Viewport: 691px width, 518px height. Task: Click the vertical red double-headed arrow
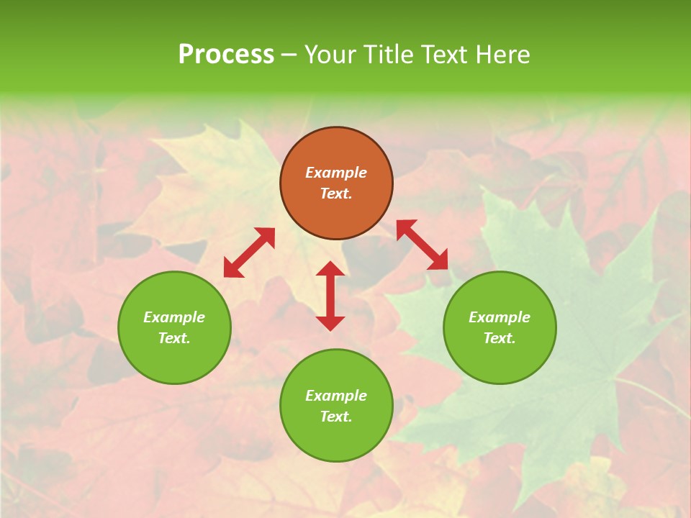tap(330, 296)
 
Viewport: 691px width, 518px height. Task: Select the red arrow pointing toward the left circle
tap(249, 253)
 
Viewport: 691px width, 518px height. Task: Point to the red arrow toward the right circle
tap(422, 245)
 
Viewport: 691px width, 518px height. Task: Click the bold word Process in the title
tap(226, 55)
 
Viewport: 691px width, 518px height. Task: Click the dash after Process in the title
tap(289, 55)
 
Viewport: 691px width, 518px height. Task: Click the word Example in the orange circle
tap(336, 173)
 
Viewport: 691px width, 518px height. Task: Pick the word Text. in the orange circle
tap(336, 194)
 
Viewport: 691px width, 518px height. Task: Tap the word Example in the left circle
tap(174, 317)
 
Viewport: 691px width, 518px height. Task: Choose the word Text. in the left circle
tap(174, 338)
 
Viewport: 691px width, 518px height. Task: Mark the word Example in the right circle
tap(500, 317)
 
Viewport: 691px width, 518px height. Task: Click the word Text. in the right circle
tap(500, 338)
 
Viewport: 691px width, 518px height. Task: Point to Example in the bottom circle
tap(336, 396)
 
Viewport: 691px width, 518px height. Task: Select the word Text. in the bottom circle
tap(336, 417)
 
